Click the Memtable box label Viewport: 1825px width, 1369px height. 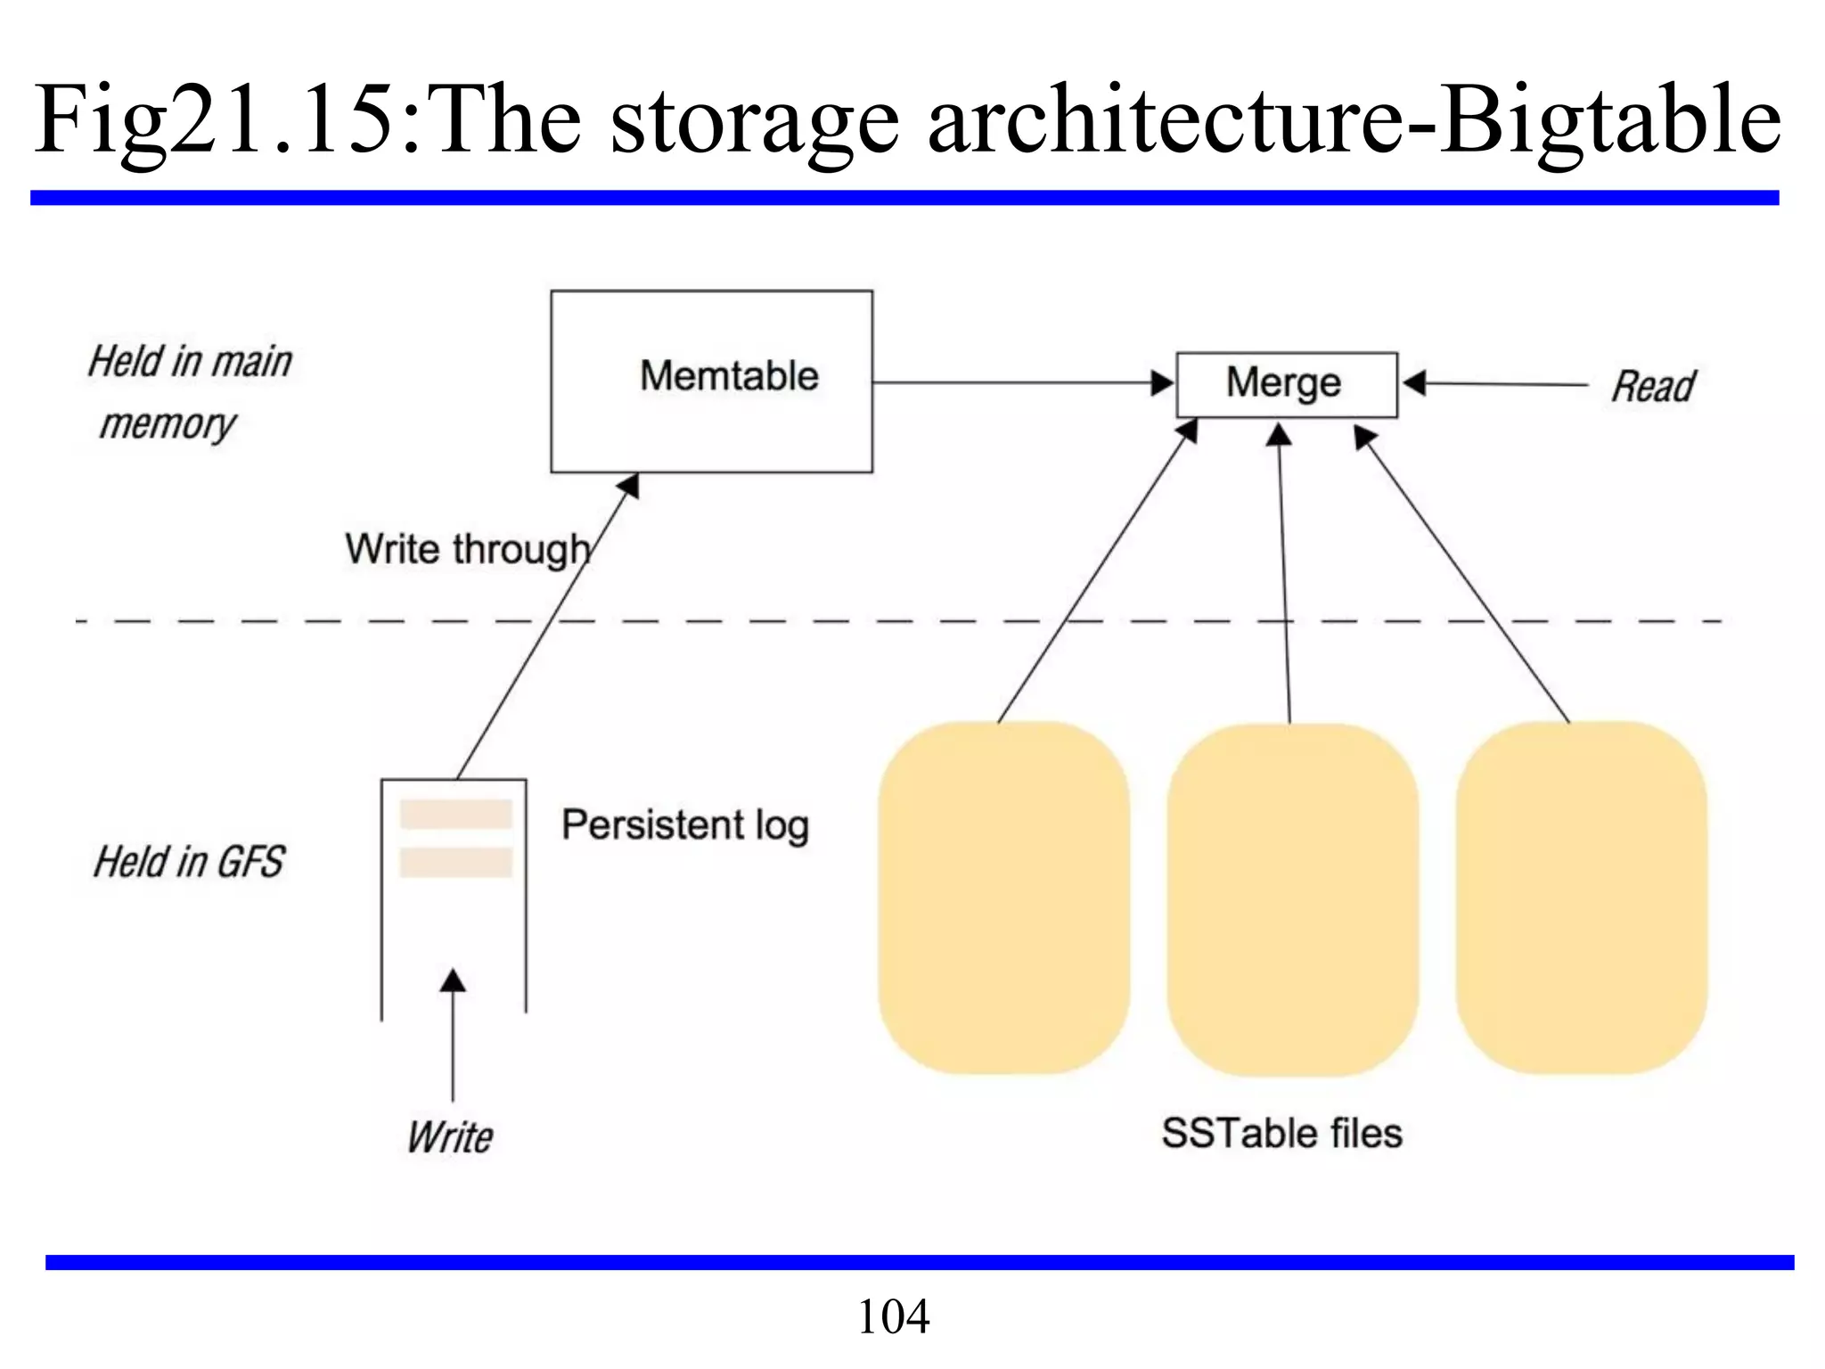(x=729, y=376)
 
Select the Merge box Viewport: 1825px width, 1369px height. (x=1286, y=384)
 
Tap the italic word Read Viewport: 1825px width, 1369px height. (x=1653, y=387)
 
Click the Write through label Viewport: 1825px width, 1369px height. (x=467, y=549)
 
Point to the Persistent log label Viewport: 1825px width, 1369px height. (x=684, y=825)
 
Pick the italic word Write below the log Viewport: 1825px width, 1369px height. (x=450, y=1137)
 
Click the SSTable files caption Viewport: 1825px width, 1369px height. (x=1281, y=1134)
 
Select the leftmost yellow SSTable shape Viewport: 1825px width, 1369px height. (x=1003, y=898)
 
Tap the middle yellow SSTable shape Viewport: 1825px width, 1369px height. (x=1292, y=900)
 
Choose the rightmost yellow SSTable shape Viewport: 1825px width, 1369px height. (x=1582, y=898)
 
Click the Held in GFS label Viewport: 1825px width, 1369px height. (x=189, y=862)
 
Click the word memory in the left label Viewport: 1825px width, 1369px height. (x=168, y=424)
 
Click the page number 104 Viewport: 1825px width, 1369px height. (x=893, y=1316)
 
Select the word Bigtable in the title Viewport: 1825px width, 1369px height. (x=1611, y=120)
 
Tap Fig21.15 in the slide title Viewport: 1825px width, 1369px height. (x=214, y=120)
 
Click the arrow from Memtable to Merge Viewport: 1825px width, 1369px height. (x=1016, y=383)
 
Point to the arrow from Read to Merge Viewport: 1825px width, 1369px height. (x=1497, y=384)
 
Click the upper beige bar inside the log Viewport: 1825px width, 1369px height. (x=455, y=815)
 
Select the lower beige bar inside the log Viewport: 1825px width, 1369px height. (x=455, y=862)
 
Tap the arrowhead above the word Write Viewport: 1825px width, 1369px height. (x=453, y=980)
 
